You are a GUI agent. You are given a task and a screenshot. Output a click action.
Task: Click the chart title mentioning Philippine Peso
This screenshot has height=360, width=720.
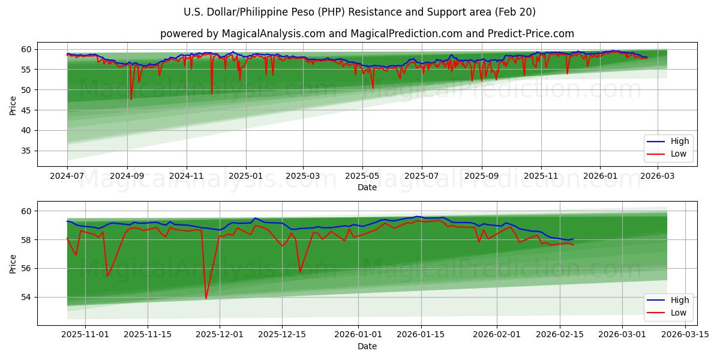pos(359,12)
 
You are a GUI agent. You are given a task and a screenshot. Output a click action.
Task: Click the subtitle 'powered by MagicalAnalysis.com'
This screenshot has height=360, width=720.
pos(367,34)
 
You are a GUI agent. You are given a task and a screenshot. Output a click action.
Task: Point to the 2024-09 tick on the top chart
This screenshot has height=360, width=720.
pos(127,177)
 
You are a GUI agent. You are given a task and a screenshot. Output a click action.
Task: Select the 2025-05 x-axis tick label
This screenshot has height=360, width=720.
pos(362,177)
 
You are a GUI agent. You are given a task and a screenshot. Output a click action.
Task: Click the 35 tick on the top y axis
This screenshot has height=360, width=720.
pos(27,151)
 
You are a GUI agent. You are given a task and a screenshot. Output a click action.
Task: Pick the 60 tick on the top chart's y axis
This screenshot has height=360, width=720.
pos(27,49)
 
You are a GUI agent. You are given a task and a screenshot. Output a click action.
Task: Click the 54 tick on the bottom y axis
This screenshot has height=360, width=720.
pos(27,297)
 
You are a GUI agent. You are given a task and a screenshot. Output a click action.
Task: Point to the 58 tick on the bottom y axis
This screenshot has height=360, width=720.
pos(27,240)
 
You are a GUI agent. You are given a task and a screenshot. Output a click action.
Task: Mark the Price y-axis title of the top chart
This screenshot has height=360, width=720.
pos(13,106)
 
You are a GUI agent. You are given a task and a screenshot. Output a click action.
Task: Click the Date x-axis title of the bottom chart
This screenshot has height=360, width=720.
pos(367,346)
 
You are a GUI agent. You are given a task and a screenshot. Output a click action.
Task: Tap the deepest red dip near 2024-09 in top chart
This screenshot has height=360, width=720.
pos(131,100)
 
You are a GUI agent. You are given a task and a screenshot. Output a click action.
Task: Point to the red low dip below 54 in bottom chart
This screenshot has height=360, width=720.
pos(206,298)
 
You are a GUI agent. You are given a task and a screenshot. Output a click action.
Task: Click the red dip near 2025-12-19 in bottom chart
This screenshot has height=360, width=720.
pos(300,272)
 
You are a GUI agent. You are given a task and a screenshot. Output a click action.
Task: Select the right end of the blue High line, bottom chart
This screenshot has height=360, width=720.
pos(573,239)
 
